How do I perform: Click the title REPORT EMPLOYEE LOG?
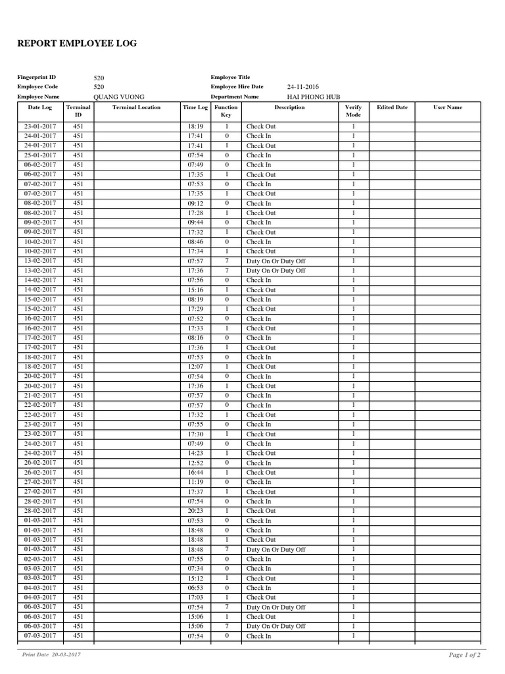click(78, 44)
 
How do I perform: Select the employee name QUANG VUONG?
click(119, 97)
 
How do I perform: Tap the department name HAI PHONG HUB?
click(314, 97)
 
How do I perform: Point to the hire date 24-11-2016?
click(302, 87)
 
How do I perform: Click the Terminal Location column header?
click(136, 107)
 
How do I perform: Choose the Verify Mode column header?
click(353, 111)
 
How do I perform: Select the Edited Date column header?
click(392, 107)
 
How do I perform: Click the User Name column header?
click(448, 107)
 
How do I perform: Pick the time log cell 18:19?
click(195, 126)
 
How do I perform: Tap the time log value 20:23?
click(195, 511)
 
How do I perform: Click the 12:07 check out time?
click(195, 367)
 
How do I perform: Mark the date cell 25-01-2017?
click(40, 155)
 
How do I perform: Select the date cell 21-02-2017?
click(40, 396)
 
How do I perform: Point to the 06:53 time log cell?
click(195, 588)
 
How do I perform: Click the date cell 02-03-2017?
click(40, 559)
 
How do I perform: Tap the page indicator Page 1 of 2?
click(464, 655)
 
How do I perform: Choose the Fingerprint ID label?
click(36, 77)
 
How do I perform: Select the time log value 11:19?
click(195, 482)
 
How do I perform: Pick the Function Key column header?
click(226, 111)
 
